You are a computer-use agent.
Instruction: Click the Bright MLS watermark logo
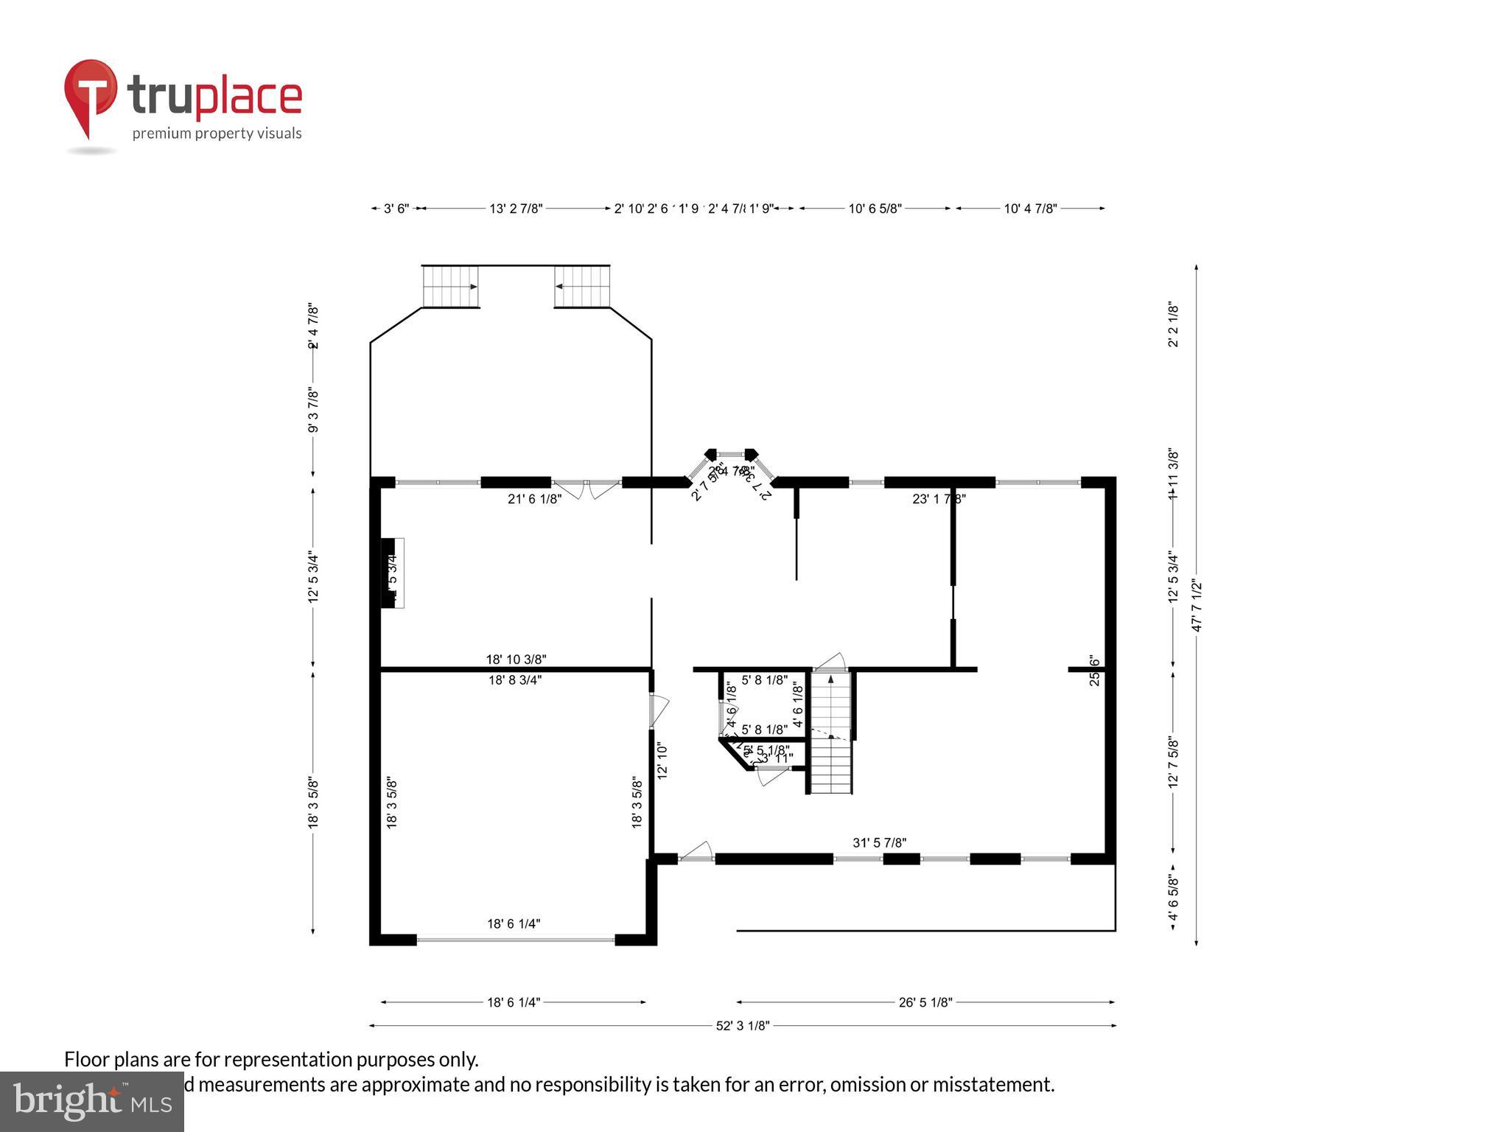point(92,1101)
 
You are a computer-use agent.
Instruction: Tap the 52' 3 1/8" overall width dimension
point(742,1026)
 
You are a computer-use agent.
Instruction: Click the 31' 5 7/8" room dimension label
point(879,842)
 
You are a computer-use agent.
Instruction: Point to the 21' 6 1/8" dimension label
point(534,499)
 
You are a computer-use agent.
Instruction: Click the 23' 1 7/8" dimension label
point(939,499)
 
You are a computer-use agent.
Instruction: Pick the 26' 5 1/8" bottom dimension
point(925,1002)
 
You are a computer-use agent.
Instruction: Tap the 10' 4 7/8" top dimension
point(1030,209)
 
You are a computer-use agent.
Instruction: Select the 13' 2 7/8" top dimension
point(516,209)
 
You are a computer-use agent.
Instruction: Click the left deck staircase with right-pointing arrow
point(450,287)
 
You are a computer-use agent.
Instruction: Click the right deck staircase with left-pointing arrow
point(582,287)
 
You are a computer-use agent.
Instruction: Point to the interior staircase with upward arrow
point(830,730)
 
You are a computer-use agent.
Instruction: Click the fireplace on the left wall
point(391,573)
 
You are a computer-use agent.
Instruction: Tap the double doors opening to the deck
point(587,487)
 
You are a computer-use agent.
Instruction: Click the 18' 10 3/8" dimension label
point(516,660)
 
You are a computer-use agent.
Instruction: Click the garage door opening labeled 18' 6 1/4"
point(515,940)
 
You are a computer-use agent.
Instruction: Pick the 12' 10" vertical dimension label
point(662,761)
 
